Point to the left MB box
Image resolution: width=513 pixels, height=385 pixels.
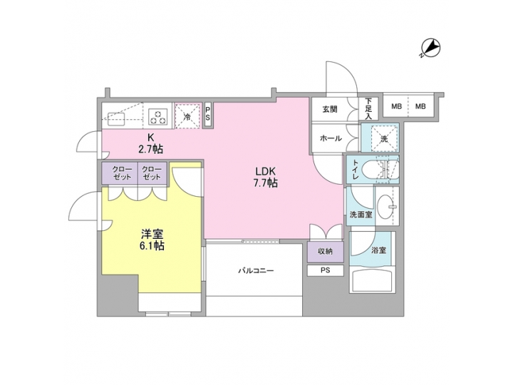click(x=396, y=107)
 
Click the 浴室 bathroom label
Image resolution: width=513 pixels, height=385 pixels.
click(x=378, y=250)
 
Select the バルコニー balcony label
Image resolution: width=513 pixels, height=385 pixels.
click(x=255, y=271)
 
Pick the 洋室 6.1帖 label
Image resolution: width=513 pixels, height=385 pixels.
click(x=152, y=239)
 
